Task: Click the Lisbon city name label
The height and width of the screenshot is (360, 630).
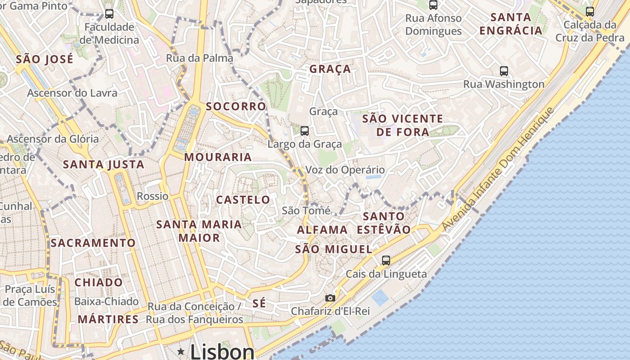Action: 222,351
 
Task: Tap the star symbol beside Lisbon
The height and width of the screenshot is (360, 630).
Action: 181,351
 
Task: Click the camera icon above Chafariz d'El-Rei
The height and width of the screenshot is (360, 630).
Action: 330,298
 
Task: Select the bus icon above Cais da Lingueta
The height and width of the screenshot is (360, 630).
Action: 386,260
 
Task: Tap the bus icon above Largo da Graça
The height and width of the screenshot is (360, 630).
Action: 305,131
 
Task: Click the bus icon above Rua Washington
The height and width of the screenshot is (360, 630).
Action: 504,71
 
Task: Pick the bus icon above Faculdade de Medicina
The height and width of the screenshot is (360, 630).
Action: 109,14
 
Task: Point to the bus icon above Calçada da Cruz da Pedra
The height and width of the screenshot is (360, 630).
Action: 590,12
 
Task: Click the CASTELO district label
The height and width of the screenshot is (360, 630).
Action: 243,200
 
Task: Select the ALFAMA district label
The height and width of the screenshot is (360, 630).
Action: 322,230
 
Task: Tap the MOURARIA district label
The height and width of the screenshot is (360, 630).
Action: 218,157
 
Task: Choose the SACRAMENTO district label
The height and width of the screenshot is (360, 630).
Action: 93,243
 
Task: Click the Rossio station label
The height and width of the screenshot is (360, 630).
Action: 153,196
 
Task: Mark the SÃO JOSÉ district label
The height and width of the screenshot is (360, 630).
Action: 45,59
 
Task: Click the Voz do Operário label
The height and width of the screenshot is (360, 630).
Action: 345,170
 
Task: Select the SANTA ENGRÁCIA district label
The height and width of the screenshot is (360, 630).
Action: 511,24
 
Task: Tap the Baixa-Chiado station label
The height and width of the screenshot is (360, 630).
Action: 107,301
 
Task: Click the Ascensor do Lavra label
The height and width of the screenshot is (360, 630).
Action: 72,93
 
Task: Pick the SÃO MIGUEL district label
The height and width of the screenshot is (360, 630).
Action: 333,249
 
